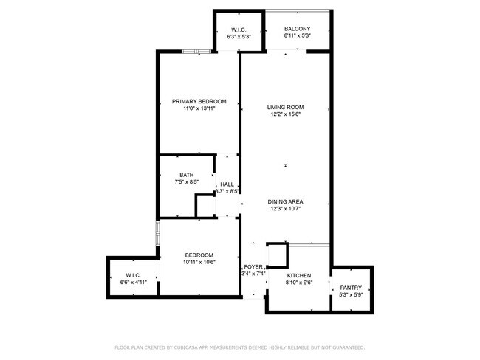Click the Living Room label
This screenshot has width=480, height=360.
pos(285,108)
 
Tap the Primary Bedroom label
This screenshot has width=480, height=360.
pos(199,101)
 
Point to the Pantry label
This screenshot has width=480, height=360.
pos(351,288)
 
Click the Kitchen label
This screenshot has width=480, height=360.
pos(298,274)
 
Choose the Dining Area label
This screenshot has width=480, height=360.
pos(285,201)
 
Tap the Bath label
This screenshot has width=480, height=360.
pos(165,175)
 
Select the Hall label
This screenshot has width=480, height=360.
pos(227,184)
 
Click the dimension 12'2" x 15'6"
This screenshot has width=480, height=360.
pos(285,115)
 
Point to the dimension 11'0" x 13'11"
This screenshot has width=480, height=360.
pos(199,108)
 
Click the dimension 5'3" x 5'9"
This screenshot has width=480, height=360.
pos(351,295)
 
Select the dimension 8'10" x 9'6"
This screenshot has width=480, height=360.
pos(298,282)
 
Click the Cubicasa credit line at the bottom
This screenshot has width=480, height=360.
pos(239,347)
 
